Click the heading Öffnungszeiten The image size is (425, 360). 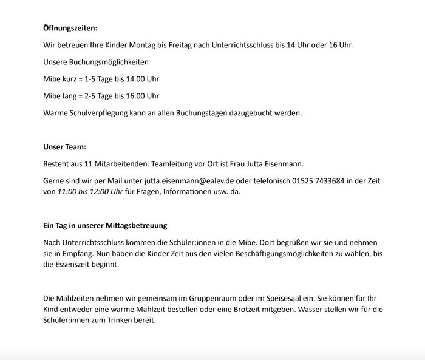[70, 28]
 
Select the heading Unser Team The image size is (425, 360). [64, 147]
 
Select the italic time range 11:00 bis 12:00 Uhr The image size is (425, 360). [90, 192]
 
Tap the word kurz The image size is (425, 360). [70, 79]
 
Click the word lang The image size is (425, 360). [70, 96]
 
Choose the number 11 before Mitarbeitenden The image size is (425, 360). [95, 164]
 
